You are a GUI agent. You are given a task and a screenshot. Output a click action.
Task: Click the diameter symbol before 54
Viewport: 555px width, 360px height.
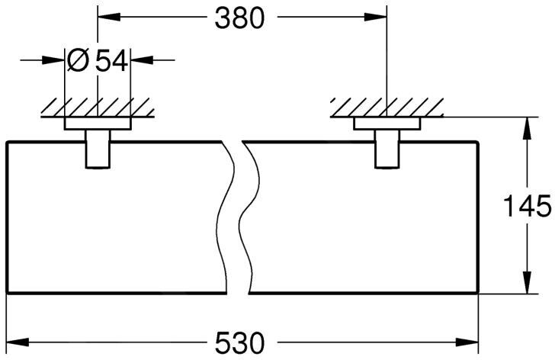point(79,60)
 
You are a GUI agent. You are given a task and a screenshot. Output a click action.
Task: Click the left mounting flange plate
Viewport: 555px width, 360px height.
point(97,123)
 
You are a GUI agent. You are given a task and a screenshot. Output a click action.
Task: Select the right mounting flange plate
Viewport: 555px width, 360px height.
point(387,123)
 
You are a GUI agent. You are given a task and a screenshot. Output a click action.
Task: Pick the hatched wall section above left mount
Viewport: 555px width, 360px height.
point(97,108)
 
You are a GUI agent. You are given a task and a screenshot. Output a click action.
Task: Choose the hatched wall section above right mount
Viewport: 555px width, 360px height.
point(387,108)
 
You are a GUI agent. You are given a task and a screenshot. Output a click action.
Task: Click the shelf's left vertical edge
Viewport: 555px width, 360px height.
point(6,217)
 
